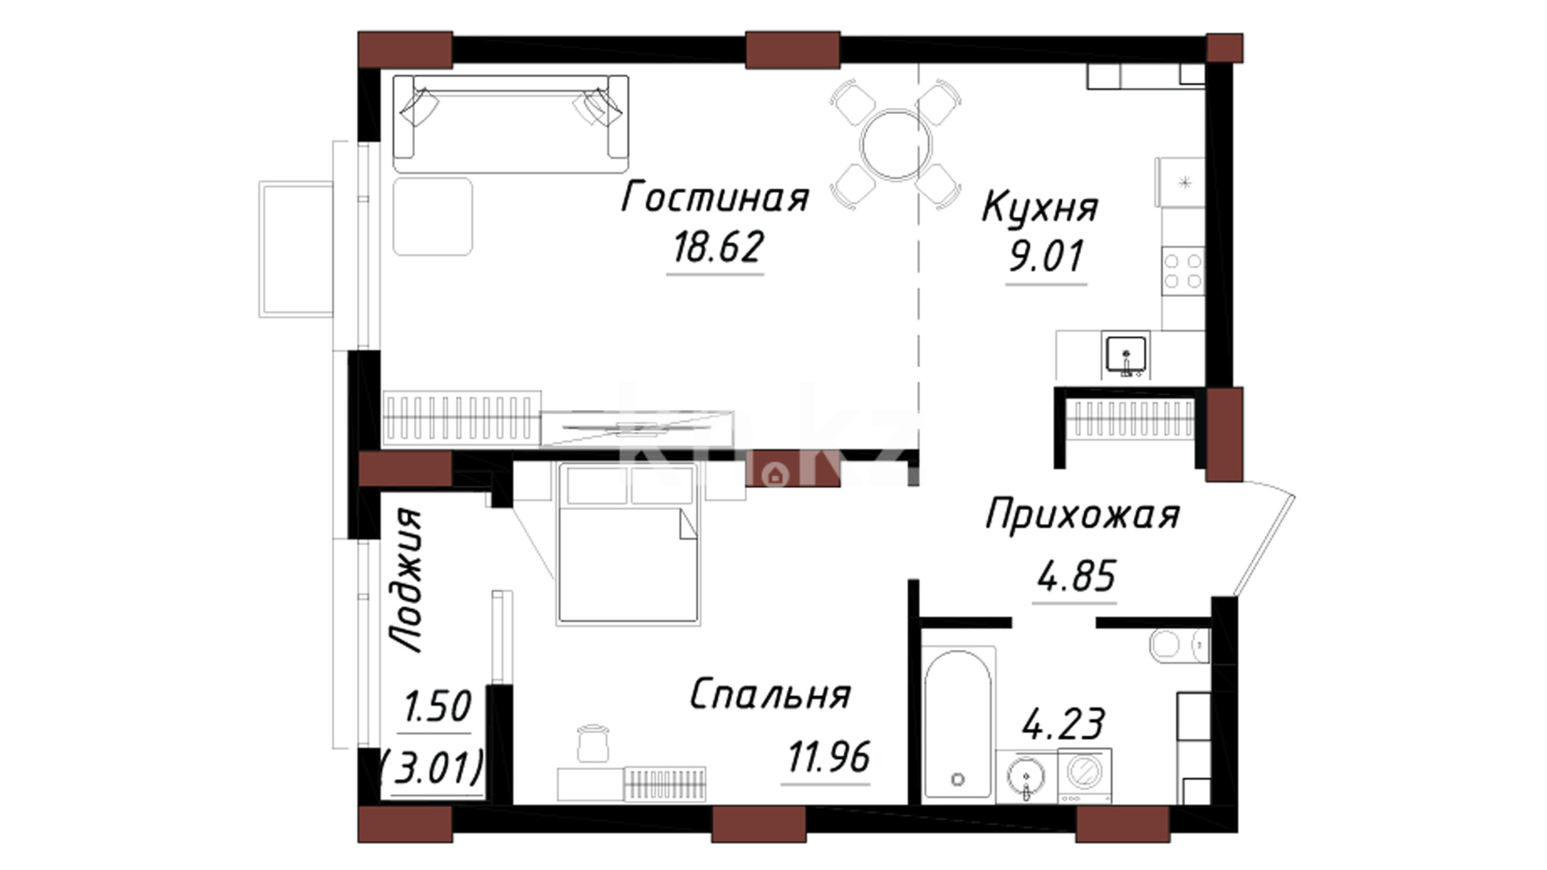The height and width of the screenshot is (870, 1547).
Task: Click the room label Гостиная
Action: (715, 197)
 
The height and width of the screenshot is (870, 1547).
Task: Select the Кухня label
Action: (1039, 207)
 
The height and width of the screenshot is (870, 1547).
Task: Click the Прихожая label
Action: (1082, 515)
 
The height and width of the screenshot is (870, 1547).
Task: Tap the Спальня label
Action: (770, 694)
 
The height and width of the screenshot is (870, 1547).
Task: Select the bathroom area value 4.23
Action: (1063, 723)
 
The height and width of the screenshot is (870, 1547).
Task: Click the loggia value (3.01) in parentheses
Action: (432, 767)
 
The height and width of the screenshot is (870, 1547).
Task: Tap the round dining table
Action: (895, 146)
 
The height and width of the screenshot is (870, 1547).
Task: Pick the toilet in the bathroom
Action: (1180, 646)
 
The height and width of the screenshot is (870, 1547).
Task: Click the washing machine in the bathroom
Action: (1085, 775)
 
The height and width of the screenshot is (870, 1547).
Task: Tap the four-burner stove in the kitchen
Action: (1183, 271)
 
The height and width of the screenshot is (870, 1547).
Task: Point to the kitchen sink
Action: (1126, 356)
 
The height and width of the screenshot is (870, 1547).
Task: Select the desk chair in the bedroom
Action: (593, 743)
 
